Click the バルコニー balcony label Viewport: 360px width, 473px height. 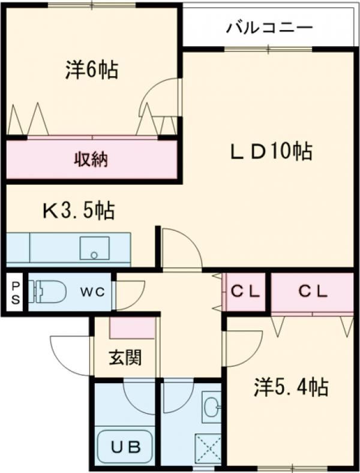pos(269,28)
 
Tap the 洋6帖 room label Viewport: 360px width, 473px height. pos(91,71)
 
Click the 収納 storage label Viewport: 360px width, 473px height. pos(91,159)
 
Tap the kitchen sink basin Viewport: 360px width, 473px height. pos(94,248)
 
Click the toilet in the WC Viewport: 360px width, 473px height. pos(50,293)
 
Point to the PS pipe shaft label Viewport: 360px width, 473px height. pos(15,292)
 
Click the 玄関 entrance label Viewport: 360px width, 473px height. pos(125,358)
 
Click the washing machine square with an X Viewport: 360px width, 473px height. pos(208,447)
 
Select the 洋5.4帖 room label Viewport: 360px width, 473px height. pos(290,388)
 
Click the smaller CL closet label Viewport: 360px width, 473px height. pos(246,292)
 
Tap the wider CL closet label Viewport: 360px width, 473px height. pos(313,292)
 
